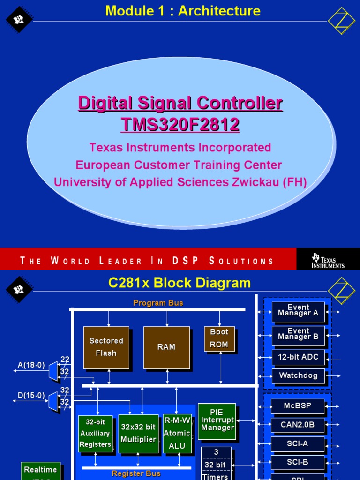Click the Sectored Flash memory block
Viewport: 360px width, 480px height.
106,347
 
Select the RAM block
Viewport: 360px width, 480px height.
166,347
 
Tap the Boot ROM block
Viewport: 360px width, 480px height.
219,338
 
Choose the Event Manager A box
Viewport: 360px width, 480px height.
298,311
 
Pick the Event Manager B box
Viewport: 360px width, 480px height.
298,335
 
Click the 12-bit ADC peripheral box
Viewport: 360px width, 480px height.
298,357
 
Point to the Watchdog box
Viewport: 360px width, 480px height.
298,375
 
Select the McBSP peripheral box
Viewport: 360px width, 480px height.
298,406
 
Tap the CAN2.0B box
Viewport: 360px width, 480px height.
298,425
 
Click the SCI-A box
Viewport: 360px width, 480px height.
298,443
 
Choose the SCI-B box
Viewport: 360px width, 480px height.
298,462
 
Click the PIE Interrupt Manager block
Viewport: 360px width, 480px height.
217,420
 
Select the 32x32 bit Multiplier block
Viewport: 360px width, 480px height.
138,433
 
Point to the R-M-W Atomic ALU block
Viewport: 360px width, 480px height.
177,433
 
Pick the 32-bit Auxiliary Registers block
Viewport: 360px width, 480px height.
95,433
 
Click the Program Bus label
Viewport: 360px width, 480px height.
158,303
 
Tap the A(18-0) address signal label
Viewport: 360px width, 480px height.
31,365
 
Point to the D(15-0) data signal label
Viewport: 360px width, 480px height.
31,396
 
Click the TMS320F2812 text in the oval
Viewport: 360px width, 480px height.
180,125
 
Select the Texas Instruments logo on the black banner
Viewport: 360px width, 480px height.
328,261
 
